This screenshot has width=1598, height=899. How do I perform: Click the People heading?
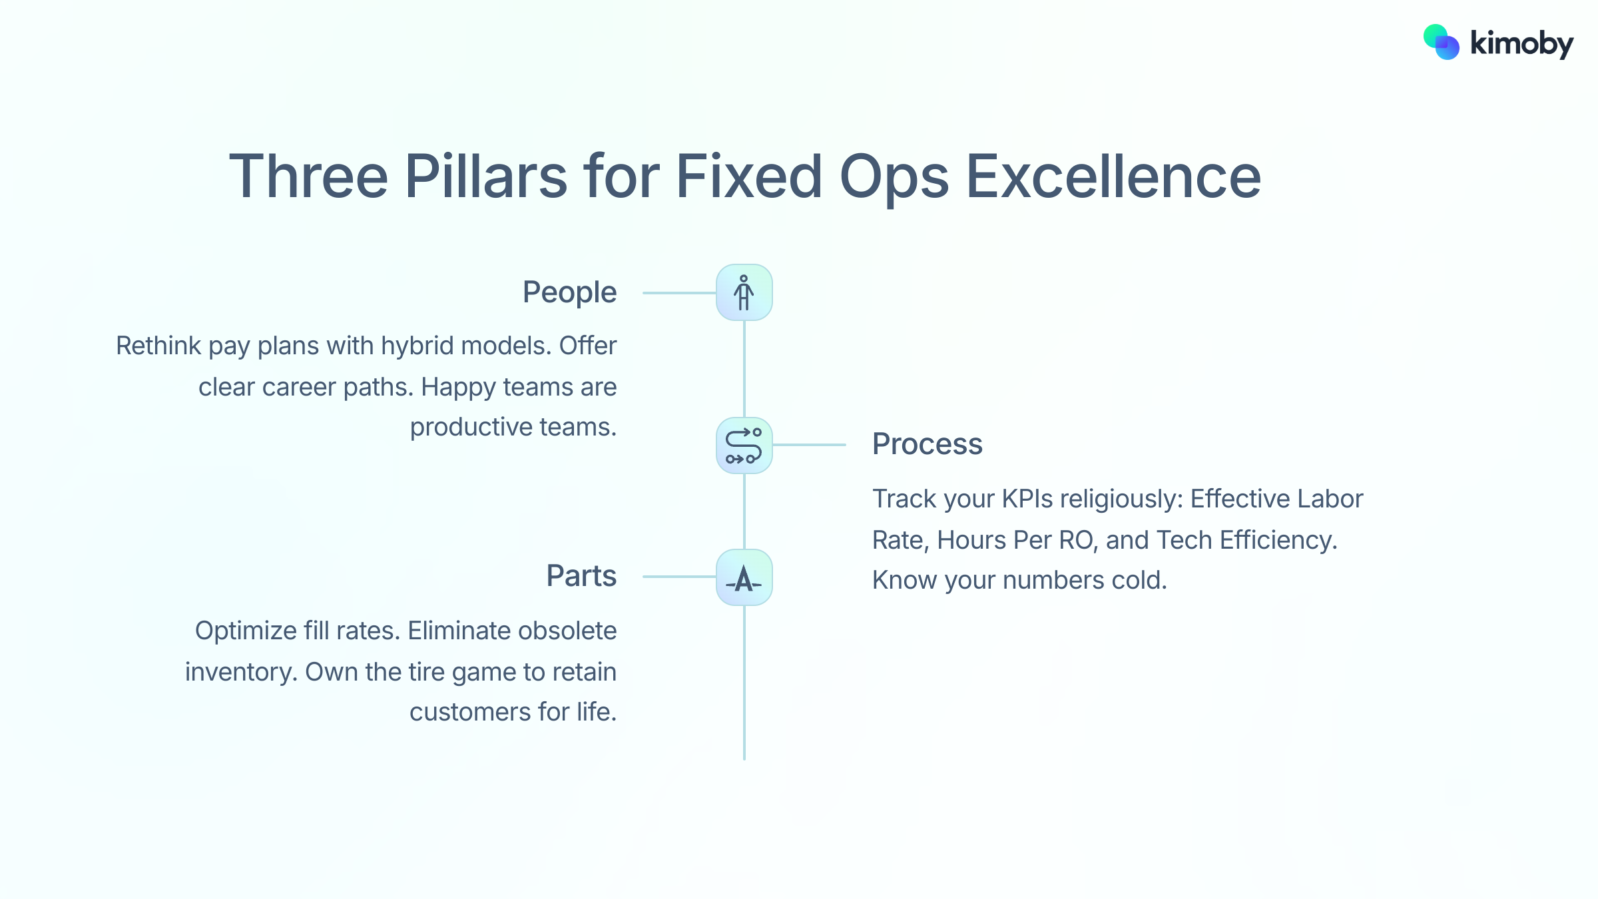pos(569,293)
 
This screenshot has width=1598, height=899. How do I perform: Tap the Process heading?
pos(927,444)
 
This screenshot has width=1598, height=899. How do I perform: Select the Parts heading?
pos(581,576)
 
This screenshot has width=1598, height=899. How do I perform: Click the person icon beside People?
pos(744,293)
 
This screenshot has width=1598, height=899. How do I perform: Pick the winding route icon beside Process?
pos(744,446)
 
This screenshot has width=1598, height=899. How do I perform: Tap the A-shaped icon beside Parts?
pos(744,578)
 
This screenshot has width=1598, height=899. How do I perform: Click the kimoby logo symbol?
pos(1441,43)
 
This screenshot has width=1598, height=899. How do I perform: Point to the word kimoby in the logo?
pos(1521,44)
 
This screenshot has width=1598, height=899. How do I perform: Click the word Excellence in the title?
pos(1113,176)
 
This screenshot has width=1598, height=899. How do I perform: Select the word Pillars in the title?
pos(485,176)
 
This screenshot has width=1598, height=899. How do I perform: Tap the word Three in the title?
pos(308,176)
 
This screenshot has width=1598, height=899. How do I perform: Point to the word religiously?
pos(1121,499)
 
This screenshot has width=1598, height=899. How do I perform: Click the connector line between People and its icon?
pos(678,293)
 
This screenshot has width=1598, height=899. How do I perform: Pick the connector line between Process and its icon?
pos(809,444)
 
